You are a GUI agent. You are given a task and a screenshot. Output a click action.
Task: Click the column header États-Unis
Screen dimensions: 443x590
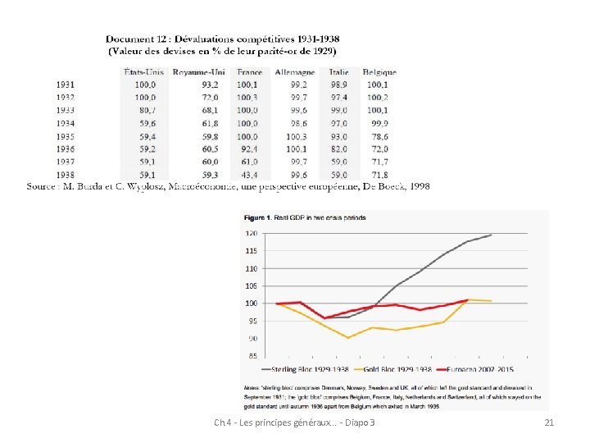click(x=143, y=72)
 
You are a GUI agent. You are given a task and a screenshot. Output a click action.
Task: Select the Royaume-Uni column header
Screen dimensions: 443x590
click(x=198, y=72)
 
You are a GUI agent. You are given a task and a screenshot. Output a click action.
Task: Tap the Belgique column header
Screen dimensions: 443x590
click(x=379, y=72)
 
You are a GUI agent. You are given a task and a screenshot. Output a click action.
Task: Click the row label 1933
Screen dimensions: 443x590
click(x=66, y=110)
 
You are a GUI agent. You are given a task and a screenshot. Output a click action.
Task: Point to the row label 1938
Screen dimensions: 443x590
click(x=66, y=175)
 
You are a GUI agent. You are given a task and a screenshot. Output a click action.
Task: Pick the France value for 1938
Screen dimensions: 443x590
click(x=247, y=175)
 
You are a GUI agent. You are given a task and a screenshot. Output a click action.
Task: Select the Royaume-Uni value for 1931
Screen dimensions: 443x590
click(x=210, y=84)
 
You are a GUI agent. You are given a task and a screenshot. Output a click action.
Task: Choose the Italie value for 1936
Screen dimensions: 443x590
click(x=339, y=149)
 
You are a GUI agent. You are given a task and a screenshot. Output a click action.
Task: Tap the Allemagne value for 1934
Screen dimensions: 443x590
click(x=297, y=123)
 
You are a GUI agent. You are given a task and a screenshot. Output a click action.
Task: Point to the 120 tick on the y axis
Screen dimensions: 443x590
click(x=251, y=233)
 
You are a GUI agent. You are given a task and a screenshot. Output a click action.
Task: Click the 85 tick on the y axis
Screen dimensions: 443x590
click(x=252, y=356)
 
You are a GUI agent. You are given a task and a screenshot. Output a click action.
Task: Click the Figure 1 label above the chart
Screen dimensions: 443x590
click(x=261, y=218)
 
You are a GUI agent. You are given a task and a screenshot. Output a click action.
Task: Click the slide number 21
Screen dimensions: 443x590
click(x=548, y=422)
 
